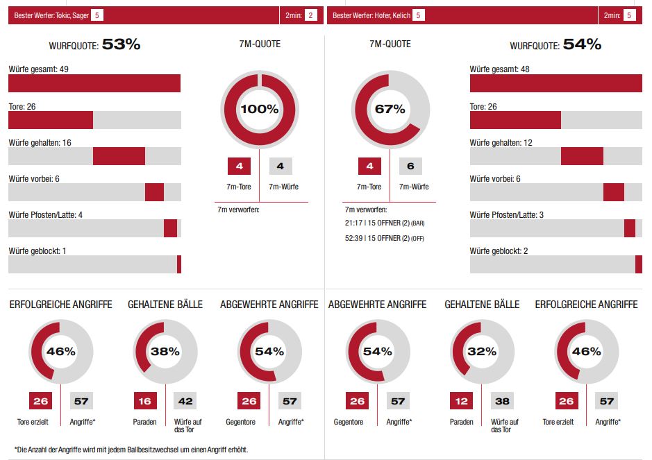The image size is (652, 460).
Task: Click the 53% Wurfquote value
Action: [x=121, y=45]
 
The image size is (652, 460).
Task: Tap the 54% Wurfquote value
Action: [x=582, y=45]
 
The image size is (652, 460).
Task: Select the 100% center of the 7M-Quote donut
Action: [x=259, y=109]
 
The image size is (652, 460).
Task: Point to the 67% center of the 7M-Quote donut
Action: [x=390, y=109]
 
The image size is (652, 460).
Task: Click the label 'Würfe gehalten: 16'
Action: [x=40, y=142]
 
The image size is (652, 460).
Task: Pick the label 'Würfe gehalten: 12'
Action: [x=501, y=142]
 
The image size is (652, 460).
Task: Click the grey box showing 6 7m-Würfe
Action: [x=410, y=167]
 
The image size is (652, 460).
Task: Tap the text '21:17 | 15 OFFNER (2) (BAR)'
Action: [x=384, y=223]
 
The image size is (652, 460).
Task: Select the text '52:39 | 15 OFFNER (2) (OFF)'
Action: [x=384, y=238]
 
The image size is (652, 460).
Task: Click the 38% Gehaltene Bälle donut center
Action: [x=165, y=351]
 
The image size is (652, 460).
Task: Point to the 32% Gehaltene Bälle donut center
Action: [x=482, y=351]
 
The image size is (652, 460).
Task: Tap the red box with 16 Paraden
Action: [x=145, y=401]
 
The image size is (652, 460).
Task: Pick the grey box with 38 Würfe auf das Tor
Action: [x=501, y=401]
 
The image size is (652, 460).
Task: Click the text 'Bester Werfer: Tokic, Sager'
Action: [x=51, y=15]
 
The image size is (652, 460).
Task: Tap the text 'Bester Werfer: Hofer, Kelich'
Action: [x=372, y=15]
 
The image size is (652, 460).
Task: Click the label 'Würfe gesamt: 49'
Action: [x=38, y=69]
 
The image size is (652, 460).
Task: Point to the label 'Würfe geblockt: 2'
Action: [x=499, y=250]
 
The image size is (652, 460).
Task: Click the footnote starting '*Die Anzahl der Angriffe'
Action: [x=131, y=450]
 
